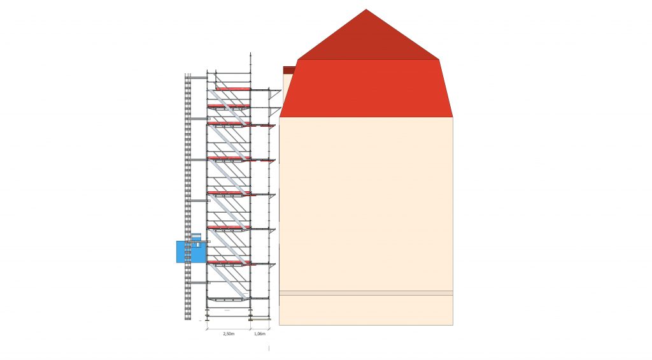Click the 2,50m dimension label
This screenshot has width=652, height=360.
tap(229, 334)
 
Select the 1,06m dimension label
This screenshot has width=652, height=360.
tap(260, 334)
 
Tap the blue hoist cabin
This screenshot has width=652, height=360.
tap(191, 252)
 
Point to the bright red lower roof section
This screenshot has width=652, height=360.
tap(366, 88)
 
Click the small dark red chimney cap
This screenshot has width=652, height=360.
tap(289, 70)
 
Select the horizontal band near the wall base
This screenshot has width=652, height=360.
tap(366, 293)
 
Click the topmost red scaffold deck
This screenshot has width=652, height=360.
tap(233, 89)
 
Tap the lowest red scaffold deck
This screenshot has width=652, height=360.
tap(229, 263)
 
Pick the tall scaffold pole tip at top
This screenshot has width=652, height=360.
tap(251, 54)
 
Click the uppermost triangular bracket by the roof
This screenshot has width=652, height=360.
tap(275, 94)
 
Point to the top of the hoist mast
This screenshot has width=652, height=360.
tap(188, 74)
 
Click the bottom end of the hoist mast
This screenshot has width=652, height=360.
tap(188, 319)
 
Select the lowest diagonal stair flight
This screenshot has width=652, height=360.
tap(229, 282)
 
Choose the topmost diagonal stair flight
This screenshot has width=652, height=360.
tap(229, 107)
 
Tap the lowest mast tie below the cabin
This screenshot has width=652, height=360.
tap(199, 283)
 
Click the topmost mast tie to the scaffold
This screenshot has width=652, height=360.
tap(199, 77)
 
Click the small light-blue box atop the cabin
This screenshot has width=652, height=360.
tap(195, 237)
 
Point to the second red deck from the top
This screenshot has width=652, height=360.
tap(229, 106)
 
